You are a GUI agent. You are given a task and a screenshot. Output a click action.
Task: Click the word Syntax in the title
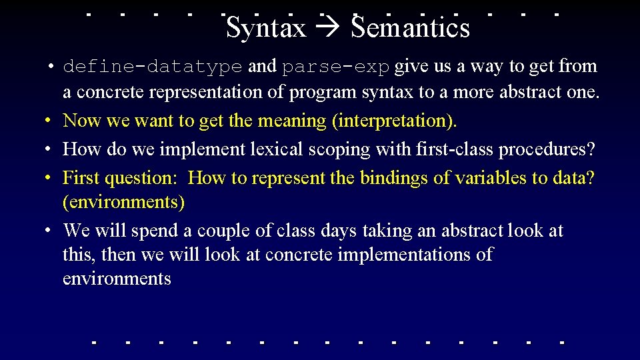pyautogui.click(x=266, y=28)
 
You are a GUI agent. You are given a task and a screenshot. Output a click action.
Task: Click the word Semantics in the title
pyautogui.click(x=411, y=28)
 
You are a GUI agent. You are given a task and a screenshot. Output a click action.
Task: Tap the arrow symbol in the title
pyautogui.click(x=329, y=29)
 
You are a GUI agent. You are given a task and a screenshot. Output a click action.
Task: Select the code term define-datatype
pyautogui.click(x=152, y=67)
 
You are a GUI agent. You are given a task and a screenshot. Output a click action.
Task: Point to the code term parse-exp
pyautogui.click(x=337, y=67)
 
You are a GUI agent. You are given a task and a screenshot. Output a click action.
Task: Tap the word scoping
pyautogui.click(x=339, y=149)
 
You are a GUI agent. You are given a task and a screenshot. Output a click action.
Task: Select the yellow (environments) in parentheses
pyautogui.click(x=123, y=201)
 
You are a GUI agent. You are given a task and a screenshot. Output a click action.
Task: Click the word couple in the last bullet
pyautogui.click(x=218, y=231)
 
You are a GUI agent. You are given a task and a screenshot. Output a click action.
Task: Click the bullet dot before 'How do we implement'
pyautogui.click(x=49, y=150)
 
